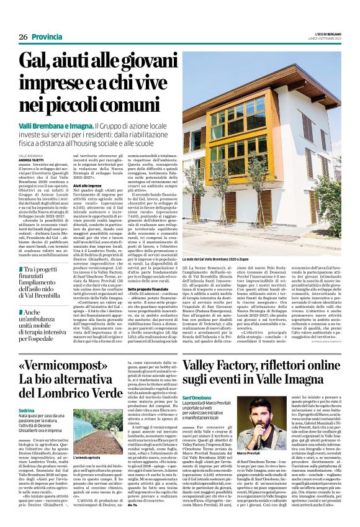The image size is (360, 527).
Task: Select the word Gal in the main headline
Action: [38, 62]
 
